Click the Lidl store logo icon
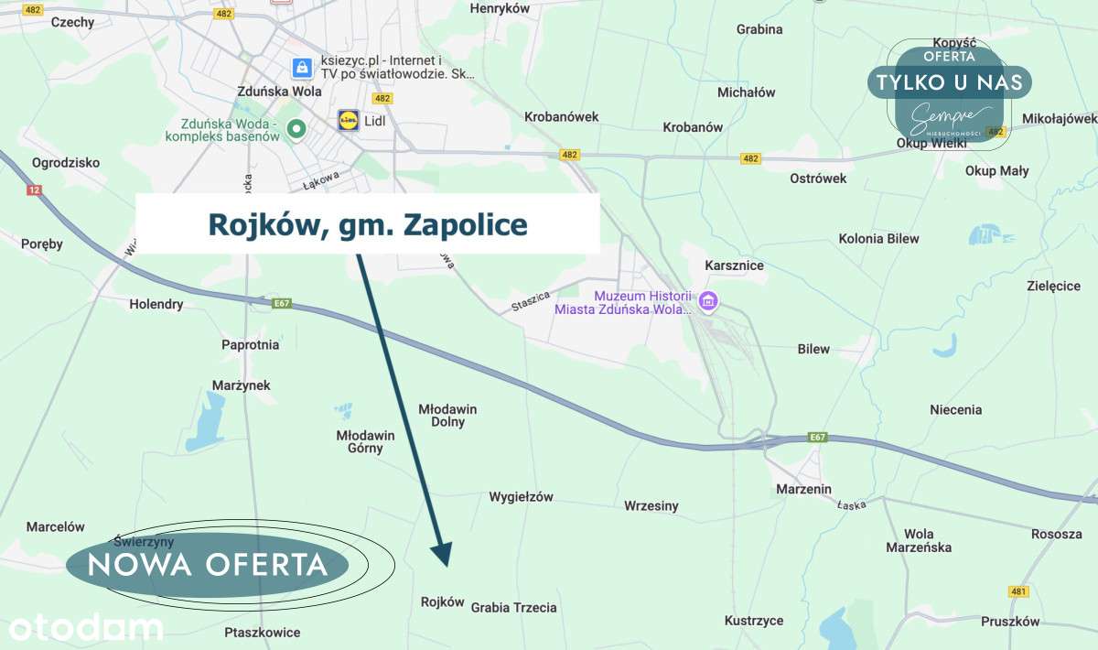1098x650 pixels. coord(349,120)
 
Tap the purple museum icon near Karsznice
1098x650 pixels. coord(708,300)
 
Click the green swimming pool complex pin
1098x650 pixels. coord(296,129)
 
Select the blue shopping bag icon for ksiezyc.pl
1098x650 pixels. coord(300,67)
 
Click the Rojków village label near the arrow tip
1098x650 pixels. coord(442,602)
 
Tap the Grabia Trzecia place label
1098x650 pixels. coord(513,607)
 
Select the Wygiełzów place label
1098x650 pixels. coord(521,497)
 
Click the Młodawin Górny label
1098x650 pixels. coord(365,441)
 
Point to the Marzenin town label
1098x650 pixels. coord(803,489)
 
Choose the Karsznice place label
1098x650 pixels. coord(734,265)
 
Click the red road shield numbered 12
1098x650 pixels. coord(35,190)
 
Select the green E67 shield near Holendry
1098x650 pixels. coord(282,303)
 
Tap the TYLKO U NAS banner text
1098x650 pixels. coord(949,82)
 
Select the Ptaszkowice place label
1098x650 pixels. coord(262,632)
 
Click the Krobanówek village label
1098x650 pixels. coord(561,116)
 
